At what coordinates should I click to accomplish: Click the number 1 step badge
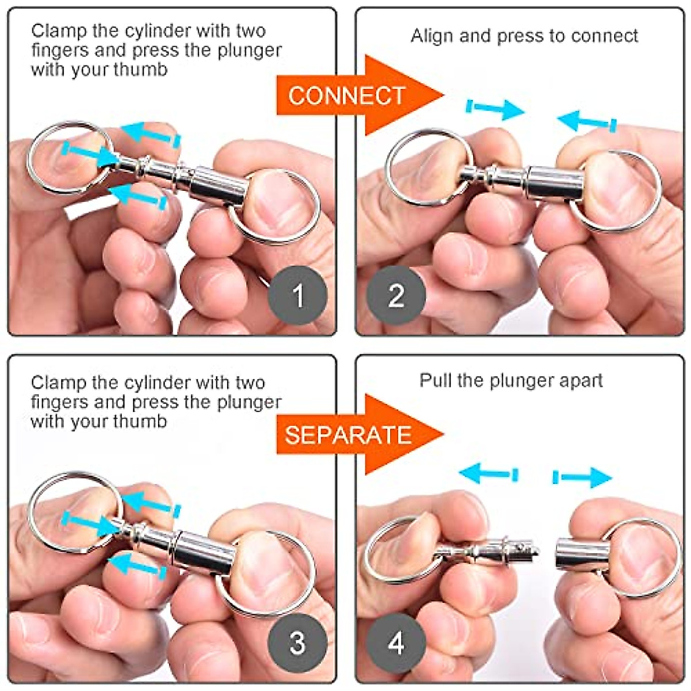tap(298, 296)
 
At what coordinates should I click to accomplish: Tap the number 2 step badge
tap(396, 296)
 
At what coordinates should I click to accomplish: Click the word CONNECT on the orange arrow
tap(347, 96)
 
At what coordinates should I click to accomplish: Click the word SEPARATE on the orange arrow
tap(348, 435)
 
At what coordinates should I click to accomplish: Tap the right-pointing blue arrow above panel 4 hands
tap(582, 477)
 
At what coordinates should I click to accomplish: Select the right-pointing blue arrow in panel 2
tap(495, 108)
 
